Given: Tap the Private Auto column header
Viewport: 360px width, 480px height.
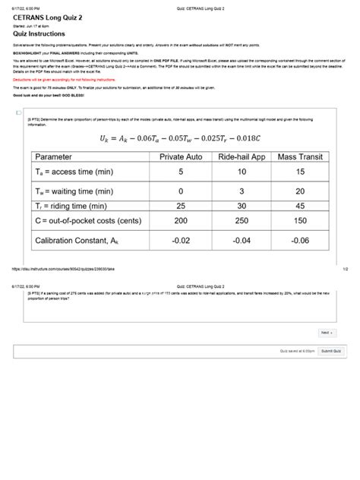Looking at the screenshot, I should click(181, 156).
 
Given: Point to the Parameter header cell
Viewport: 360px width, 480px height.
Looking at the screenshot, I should click(65, 156).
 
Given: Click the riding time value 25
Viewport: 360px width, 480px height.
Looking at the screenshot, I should click(181, 206).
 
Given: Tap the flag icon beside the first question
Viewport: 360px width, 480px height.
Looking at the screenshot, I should click(19, 112).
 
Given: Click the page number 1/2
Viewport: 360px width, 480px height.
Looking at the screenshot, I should click(345, 268).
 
